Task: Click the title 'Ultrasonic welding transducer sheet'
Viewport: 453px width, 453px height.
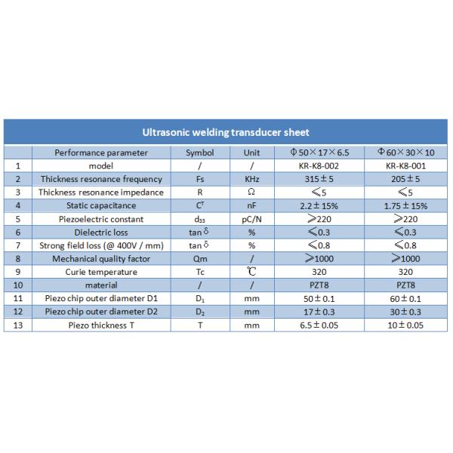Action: pyautogui.click(x=226, y=132)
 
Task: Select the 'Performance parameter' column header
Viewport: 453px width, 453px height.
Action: pyautogui.click(x=101, y=153)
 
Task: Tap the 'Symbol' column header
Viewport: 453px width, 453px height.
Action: pyautogui.click(x=199, y=153)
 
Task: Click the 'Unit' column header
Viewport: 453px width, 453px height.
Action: pyautogui.click(x=251, y=153)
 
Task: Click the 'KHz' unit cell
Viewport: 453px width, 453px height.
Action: pyautogui.click(x=251, y=179)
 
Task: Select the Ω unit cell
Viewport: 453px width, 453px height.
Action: pyautogui.click(x=251, y=192)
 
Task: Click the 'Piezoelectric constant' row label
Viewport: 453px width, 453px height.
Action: pyautogui.click(x=101, y=218)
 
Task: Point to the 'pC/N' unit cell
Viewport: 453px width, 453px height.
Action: pyautogui.click(x=251, y=218)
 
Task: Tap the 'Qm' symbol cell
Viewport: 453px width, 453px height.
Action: pyautogui.click(x=199, y=258)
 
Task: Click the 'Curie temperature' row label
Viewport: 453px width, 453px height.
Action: pyautogui.click(x=101, y=271)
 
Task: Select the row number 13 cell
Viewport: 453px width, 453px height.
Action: pyautogui.click(x=17, y=325)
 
